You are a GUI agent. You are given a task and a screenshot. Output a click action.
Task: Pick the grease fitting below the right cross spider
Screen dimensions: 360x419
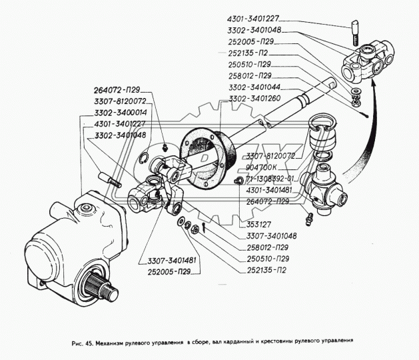pyautogui.click(x=308, y=217)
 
